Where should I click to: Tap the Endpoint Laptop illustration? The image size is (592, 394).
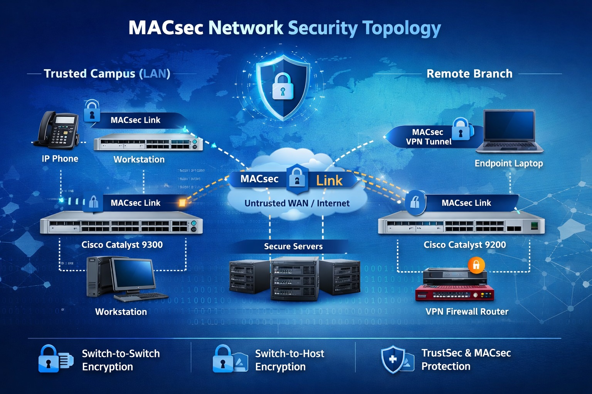point(510,131)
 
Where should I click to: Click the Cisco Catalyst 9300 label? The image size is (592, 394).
point(122,245)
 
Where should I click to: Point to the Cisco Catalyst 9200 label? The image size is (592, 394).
point(464,245)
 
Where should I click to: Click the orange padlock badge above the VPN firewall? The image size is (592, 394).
point(476,265)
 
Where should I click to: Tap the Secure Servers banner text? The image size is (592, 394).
point(293,246)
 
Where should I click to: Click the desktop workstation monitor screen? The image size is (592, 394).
point(133,274)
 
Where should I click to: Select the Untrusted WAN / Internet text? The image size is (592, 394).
point(297,203)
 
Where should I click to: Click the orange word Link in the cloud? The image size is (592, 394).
point(329,180)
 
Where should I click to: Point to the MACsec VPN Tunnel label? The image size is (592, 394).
point(428,137)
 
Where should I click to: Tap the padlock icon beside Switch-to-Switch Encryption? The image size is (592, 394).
point(49,359)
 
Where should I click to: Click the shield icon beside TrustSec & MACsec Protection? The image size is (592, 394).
point(393,359)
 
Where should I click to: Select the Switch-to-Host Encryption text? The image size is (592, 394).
point(289,360)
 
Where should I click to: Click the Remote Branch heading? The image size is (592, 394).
point(469,73)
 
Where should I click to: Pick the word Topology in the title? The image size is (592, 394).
point(402,28)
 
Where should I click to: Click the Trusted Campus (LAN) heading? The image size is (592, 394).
point(107,73)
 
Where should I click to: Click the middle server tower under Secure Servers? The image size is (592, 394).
point(294,279)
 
